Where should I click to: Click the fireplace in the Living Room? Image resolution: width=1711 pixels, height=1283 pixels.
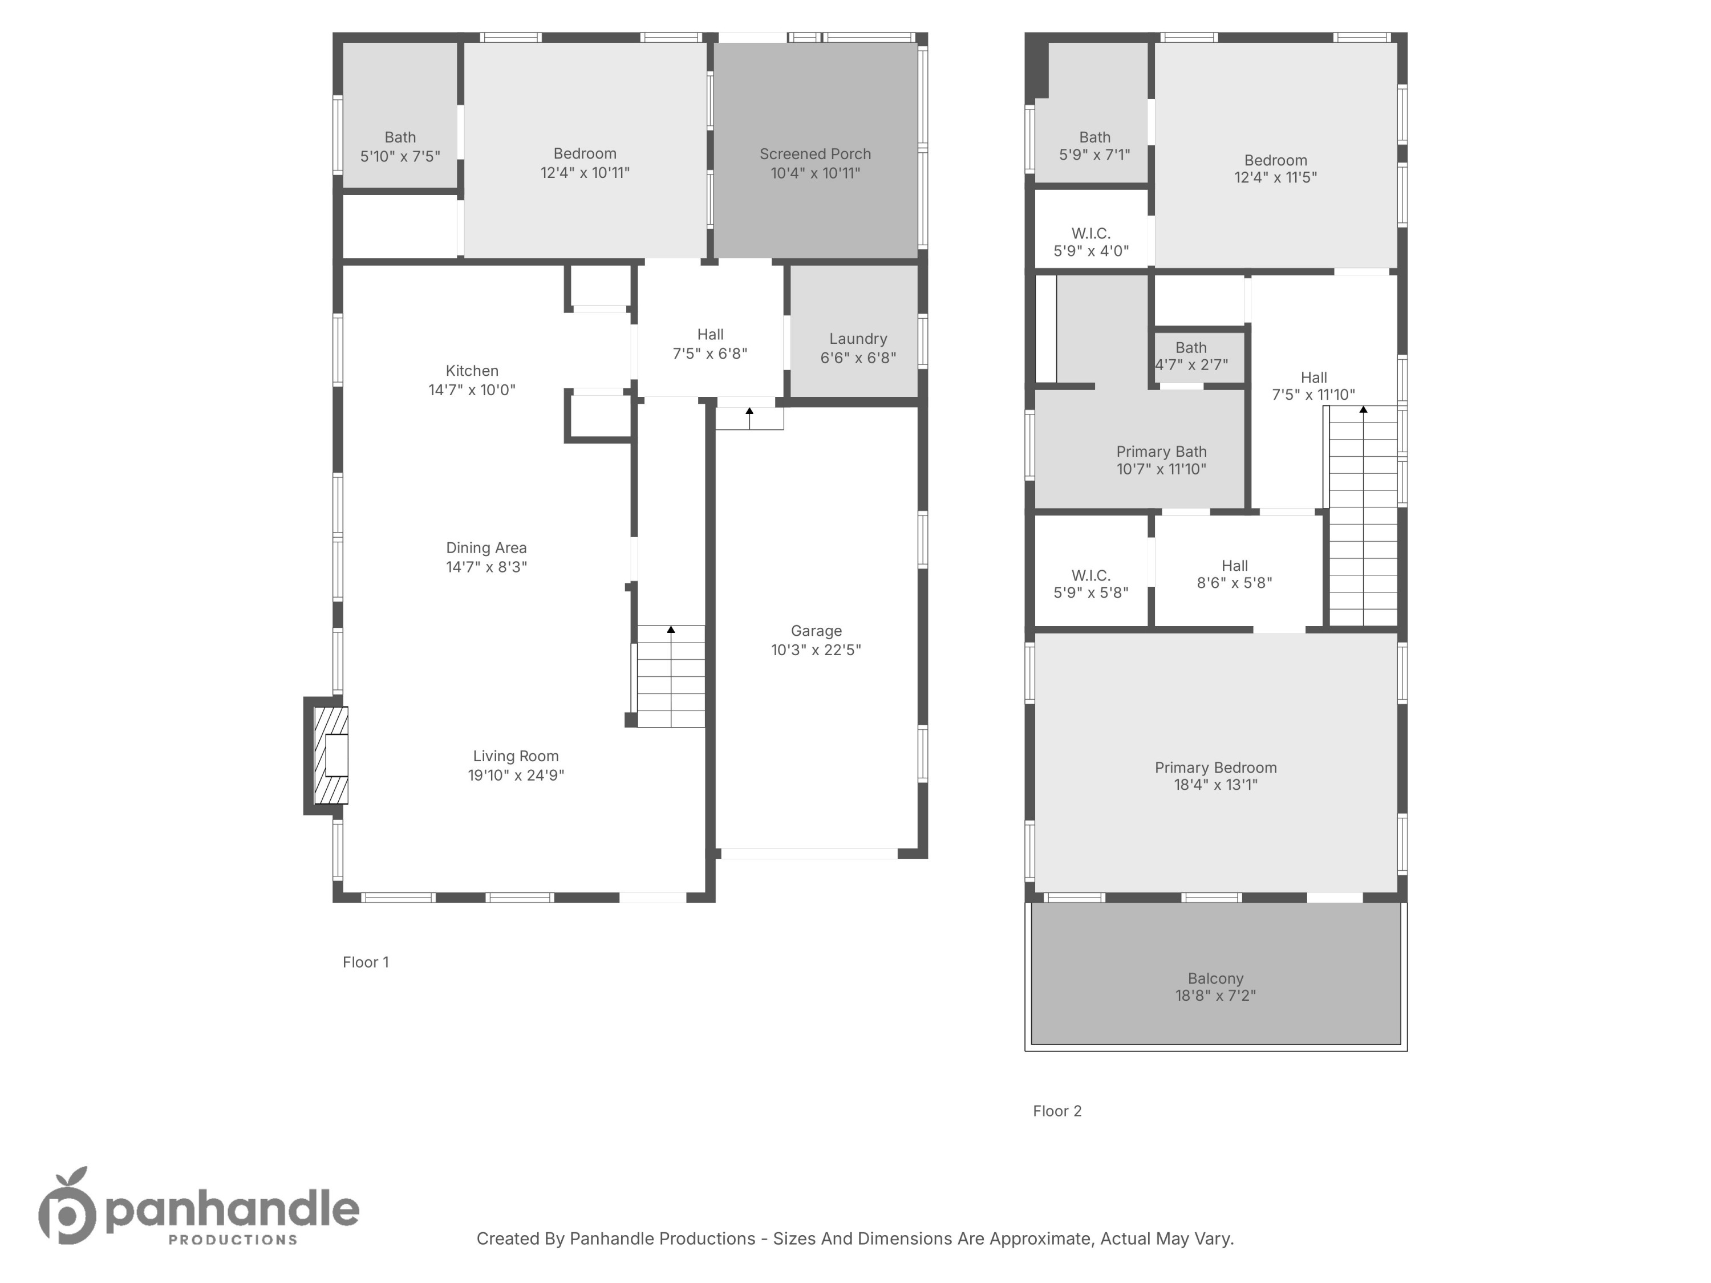click(x=331, y=755)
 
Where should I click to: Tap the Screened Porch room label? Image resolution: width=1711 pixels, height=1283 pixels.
click(x=815, y=154)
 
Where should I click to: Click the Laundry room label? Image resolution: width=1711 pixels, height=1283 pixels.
click(x=858, y=339)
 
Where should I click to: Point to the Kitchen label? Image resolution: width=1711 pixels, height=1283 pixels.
click(x=472, y=371)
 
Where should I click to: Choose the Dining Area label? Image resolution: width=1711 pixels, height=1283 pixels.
click(x=486, y=547)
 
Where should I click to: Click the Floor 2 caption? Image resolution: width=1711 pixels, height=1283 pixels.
click(x=1057, y=1111)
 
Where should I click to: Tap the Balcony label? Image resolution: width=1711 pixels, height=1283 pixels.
click(x=1215, y=979)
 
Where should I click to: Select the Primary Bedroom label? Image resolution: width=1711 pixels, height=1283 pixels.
click(x=1215, y=767)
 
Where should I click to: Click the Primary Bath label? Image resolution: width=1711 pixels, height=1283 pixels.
click(x=1161, y=452)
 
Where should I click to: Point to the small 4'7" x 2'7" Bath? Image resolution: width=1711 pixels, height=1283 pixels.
click(x=1191, y=356)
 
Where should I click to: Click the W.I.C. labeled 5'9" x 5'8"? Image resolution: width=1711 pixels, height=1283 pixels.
click(x=1090, y=584)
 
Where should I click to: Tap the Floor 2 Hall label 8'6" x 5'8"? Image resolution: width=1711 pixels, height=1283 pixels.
click(x=1235, y=574)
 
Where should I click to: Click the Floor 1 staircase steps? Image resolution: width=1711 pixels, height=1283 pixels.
click(x=671, y=677)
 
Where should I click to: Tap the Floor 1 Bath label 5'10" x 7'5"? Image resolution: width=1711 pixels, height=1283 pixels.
click(x=400, y=146)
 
